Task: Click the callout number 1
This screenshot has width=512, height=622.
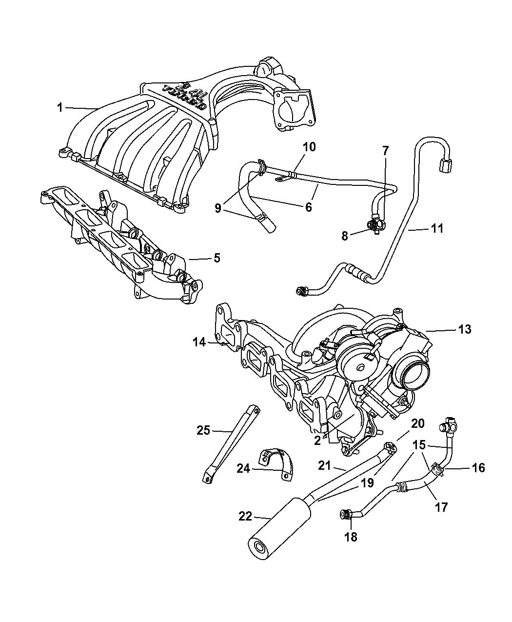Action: point(60,107)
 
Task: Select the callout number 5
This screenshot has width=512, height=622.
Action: point(217,258)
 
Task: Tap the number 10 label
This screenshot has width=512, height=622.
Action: point(309,146)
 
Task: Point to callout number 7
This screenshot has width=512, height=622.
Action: point(385,151)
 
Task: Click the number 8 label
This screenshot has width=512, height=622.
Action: point(345,236)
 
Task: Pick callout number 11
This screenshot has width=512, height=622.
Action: point(437,228)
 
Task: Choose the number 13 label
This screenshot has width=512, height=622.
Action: point(465,329)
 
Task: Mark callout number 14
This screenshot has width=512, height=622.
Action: point(199,342)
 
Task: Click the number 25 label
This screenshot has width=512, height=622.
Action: point(203,430)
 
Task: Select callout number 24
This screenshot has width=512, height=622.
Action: point(243,469)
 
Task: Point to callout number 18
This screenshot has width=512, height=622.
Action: point(351,537)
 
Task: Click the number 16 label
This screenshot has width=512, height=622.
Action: point(479,468)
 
